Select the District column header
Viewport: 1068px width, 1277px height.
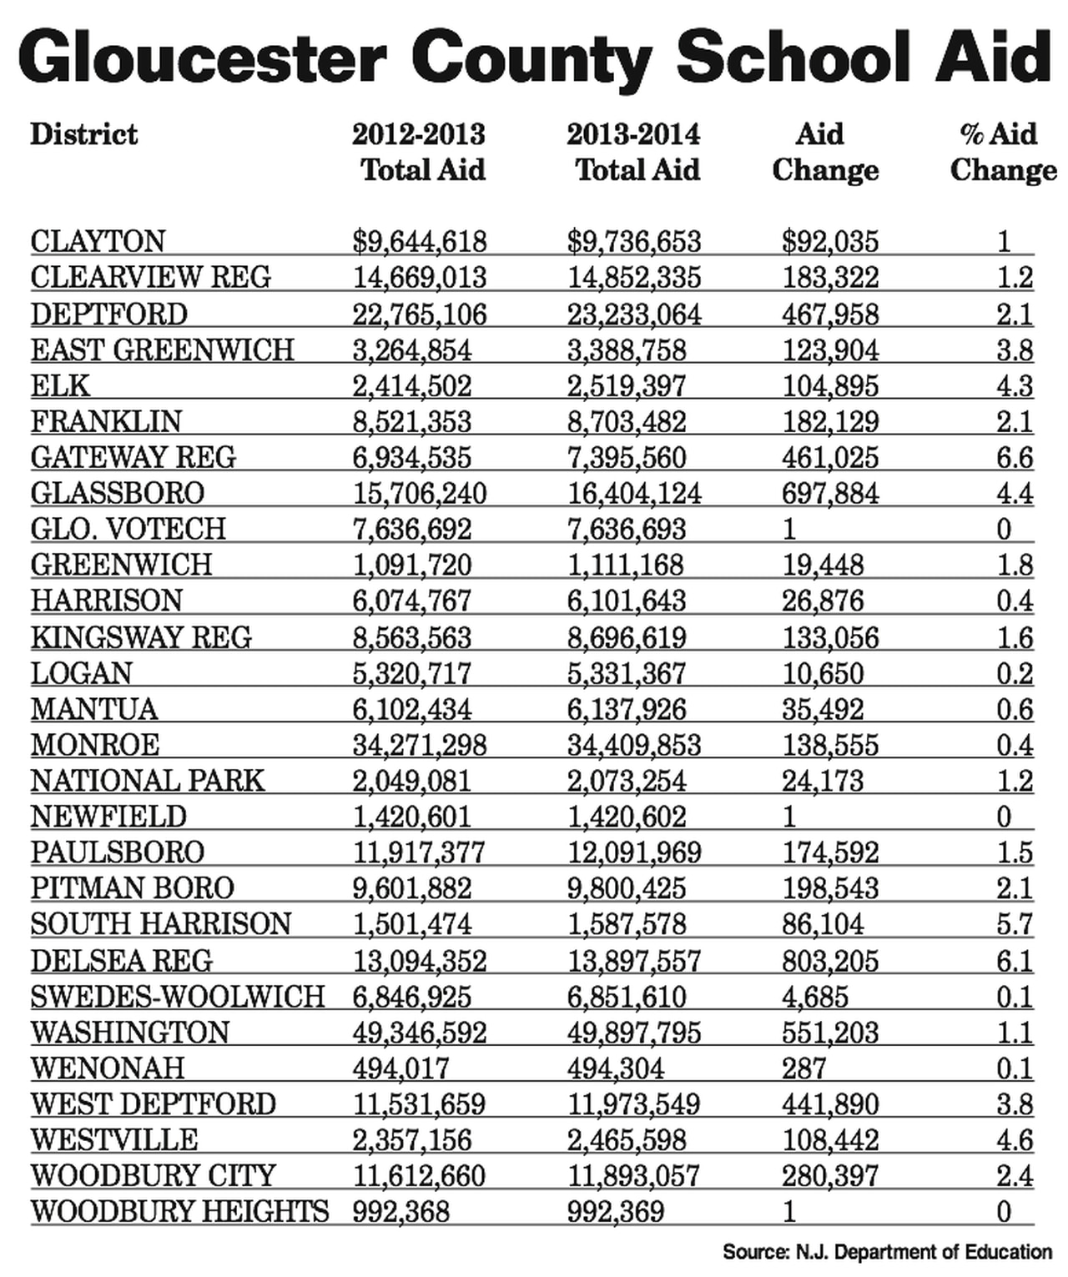pyautogui.click(x=84, y=134)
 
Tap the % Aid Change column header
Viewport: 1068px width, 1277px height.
pyautogui.click(x=1002, y=152)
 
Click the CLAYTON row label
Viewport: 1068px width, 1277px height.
pyautogui.click(x=98, y=242)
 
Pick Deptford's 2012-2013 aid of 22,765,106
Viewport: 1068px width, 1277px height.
pyautogui.click(x=419, y=314)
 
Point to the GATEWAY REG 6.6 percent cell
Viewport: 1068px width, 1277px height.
pyautogui.click(x=1015, y=458)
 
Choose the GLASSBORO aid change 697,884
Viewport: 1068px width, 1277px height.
pyautogui.click(x=830, y=494)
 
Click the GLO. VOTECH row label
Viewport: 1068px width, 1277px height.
pyautogui.click(x=128, y=530)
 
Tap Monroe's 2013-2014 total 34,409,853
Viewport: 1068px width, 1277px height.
pyautogui.click(x=634, y=745)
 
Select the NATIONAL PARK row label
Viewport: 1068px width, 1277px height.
pyautogui.click(x=148, y=781)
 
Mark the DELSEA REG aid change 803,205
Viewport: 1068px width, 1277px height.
pyautogui.click(x=830, y=961)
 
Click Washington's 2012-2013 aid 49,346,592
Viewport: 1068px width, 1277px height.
pyautogui.click(x=419, y=1033)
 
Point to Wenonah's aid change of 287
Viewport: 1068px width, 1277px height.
pyautogui.click(x=804, y=1068)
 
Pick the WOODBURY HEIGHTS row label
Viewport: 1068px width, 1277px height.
pyautogui.click(x=180, y=1211)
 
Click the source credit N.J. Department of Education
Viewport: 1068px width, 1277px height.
pyautogui.click(x=887, y=1252)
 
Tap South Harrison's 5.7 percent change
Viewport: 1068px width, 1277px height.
pyautogui.click(x=1015, y=924)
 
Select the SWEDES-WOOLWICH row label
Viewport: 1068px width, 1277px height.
pyautogui.click(x=178, y=997)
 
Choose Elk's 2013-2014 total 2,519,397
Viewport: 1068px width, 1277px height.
pyautogui.click(x=627, y=386)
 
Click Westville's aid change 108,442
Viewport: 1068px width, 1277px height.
pyautogui.click(x=830, y=1140)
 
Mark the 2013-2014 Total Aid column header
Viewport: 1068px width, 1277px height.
pyautogui.click(x=634, y=152)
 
